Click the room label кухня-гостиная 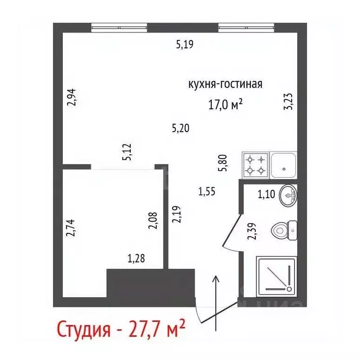point(225,84)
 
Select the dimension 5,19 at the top point(185,45)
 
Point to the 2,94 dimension point(71,97)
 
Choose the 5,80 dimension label point(225,163)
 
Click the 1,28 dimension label point(137,258)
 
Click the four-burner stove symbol point(255,165)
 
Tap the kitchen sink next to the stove point(284,165)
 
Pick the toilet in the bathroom point(283,230)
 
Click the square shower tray point(276,276)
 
